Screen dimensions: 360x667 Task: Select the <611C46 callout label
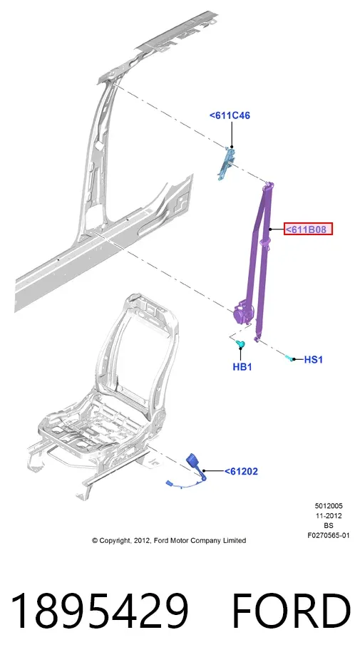coord(230,115)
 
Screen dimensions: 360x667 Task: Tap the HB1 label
coord(242,367)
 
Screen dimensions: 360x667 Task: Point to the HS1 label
coord(314,360)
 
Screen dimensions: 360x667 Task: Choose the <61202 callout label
coord(241,471)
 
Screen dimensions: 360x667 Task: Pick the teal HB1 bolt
coord(240,343)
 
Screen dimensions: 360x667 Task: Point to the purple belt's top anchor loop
coord(269,185)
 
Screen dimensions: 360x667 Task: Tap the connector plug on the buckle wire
coord(169,483)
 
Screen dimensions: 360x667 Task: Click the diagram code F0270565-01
coord(329,536)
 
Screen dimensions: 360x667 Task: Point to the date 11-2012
coord(329,515)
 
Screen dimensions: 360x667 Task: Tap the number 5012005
coord(329,506)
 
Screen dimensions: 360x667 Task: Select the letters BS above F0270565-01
coord(329,526)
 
